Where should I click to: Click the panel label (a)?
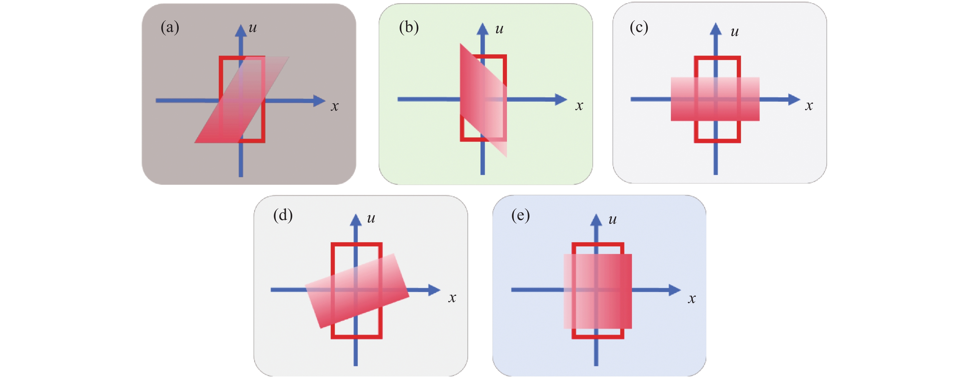[x=169, y=27]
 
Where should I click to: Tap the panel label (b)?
[x=409, y=27]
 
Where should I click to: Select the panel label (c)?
[x=639, y=27]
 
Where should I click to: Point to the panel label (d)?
[x=283, y=215]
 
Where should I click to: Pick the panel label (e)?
[x=520, y=216]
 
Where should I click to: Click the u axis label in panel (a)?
[x=253, y=27]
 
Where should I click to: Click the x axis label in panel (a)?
[x=334, y=106]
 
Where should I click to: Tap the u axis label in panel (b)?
[x=499, y=29]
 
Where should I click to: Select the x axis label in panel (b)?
[x=579, y=106]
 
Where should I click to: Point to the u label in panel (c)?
[x=734, y=32]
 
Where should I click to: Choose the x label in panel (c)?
[x=809, y=106]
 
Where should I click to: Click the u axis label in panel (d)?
[x=371, y=218]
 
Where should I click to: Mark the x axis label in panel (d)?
[x=452, y=298]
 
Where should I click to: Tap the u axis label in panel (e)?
[x=612, y=219]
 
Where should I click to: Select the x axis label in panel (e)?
[x=692, y=299]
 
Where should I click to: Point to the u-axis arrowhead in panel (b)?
[x=483, y=29]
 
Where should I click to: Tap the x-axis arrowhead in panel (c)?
[x=794, y=99]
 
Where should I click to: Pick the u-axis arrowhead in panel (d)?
[x=356, y=220]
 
